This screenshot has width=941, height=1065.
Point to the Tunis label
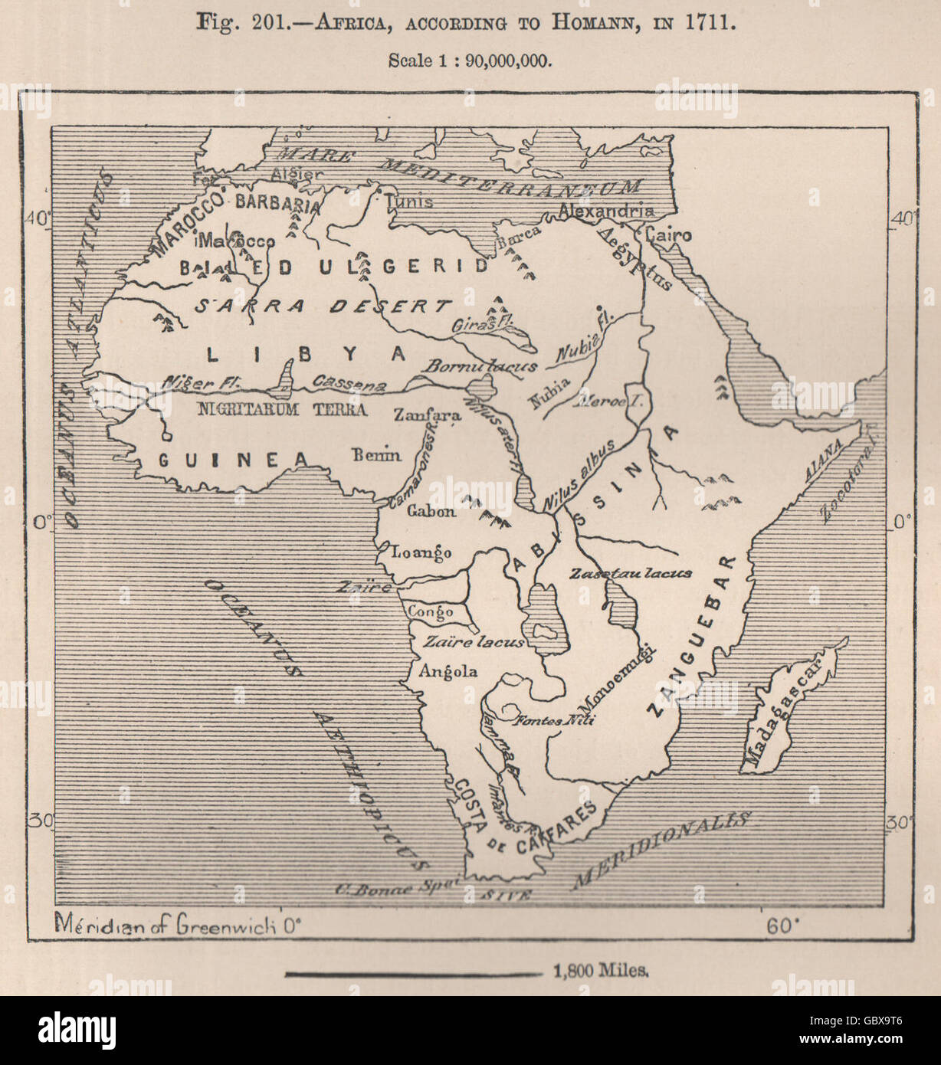[x=409, y=202]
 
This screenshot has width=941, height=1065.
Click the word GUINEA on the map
[x=233, y=458]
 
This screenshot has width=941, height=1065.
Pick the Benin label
[x=376, y=455]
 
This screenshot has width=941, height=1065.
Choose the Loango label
[x=421, y=552]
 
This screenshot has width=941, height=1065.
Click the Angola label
[x=448, y=672]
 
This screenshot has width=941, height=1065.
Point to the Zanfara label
[x=427, y=415]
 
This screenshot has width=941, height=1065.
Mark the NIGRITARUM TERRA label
[x=282, y=409]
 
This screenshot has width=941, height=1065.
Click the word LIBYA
[x=306, y=353]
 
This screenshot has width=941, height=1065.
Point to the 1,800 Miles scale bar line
[x=413, y=975]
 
